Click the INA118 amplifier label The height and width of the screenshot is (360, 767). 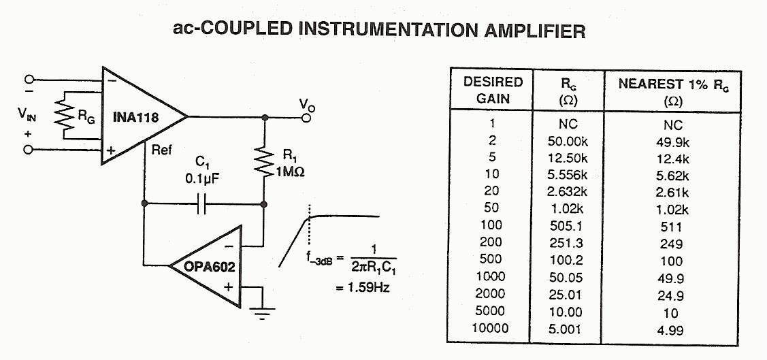tap(136, 117)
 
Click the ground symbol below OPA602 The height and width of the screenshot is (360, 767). tap(262, 312)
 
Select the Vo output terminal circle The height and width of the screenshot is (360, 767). tap(306, 118)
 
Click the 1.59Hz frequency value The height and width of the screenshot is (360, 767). tap(363, 287)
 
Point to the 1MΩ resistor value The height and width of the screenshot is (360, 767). tap(289, 173)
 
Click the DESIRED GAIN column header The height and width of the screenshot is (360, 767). tap(493, 89)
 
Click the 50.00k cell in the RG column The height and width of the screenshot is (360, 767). tap(568, 142)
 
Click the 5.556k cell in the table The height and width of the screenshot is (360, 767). tap(568, 175)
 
